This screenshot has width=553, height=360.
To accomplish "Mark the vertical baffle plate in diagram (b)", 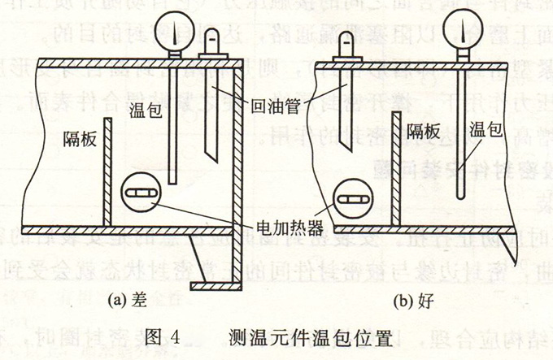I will click(x=396, y=169).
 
